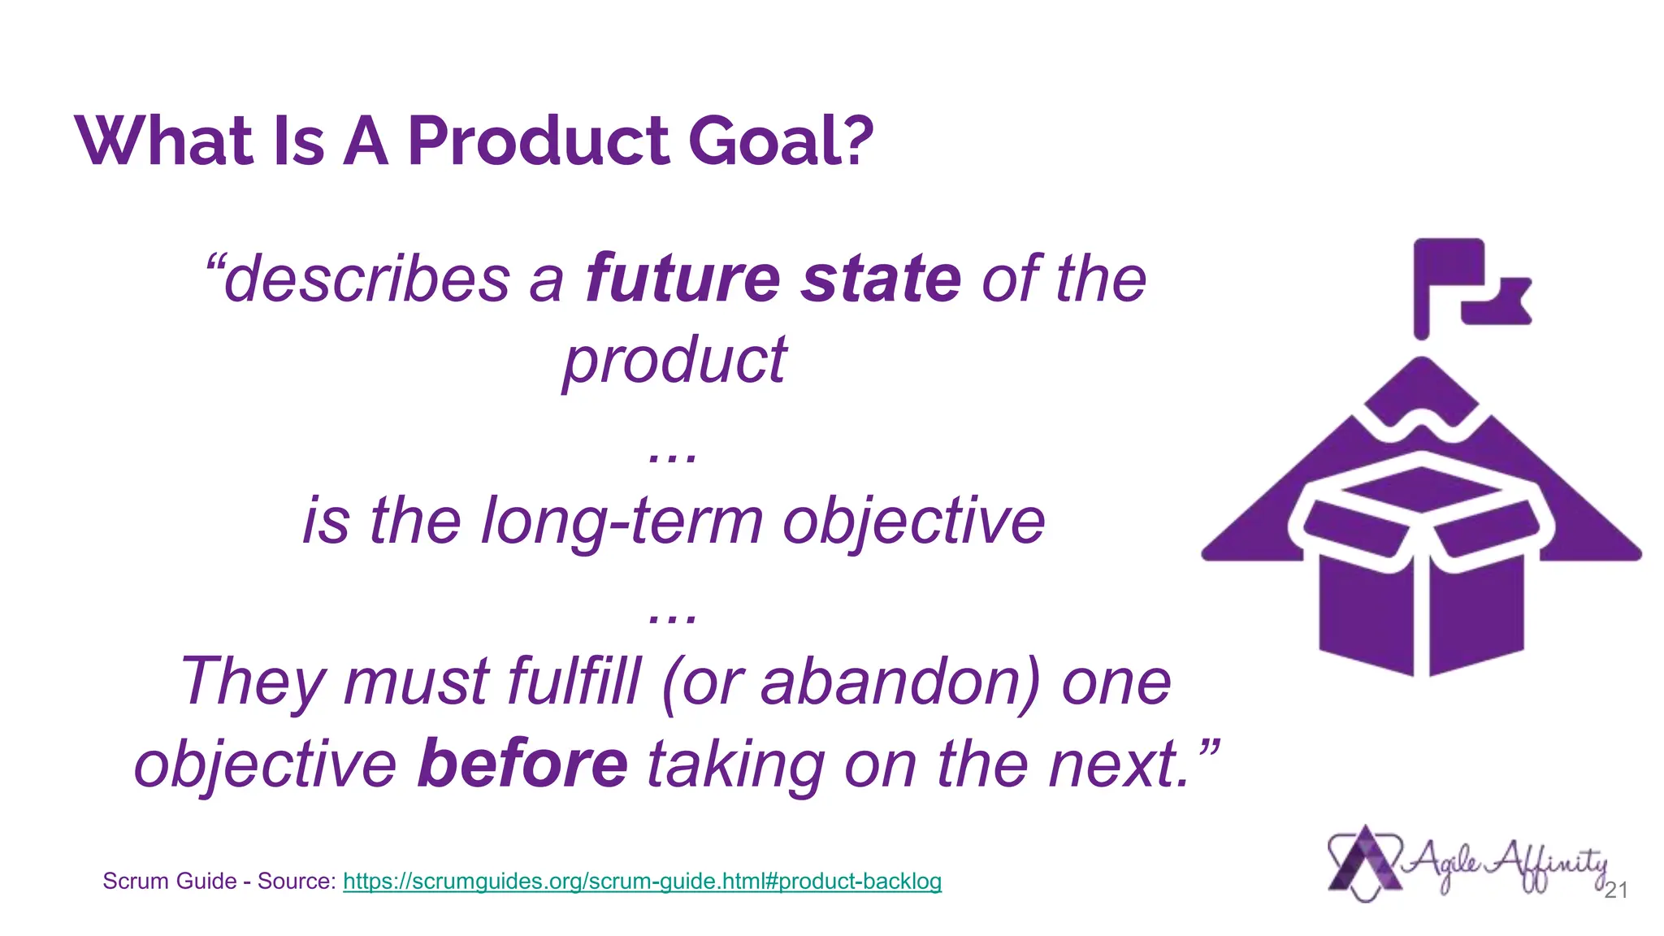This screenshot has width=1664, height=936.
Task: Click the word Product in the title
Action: [539, 141]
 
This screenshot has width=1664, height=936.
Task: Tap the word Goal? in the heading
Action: [781, 141]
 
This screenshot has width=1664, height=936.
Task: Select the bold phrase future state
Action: [773, 279]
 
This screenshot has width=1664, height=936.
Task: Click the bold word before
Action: [522, 763]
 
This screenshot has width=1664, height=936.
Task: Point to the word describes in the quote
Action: [366, 279]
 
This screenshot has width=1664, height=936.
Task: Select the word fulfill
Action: [574, 681]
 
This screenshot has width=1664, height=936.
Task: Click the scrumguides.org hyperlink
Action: [642, 881]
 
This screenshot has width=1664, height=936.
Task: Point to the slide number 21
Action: [1615, 890]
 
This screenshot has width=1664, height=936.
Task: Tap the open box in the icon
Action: [1421, 569]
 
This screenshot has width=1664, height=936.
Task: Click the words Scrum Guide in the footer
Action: [170, 881]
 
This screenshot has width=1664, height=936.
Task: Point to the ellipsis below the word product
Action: [673, 457]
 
